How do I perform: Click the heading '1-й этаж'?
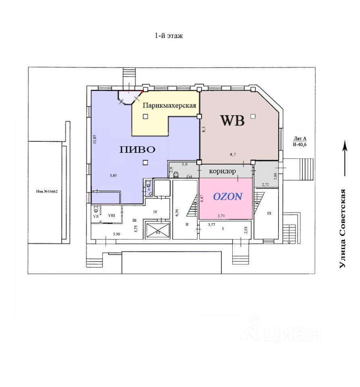(169, 36)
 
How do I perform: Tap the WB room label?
(232, 121)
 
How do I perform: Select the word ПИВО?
(137, 149)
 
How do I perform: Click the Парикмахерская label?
(170, 106)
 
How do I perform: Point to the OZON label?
(228, 197)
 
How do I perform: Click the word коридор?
(222, 171)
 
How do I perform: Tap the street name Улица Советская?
(343, 228)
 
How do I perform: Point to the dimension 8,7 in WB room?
(233, 154)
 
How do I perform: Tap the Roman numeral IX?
(270, 213)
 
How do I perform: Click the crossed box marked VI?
(157, 231)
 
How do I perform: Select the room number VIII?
(111, 215)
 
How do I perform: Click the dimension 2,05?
(246, 231)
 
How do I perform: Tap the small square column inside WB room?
(253, 116)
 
